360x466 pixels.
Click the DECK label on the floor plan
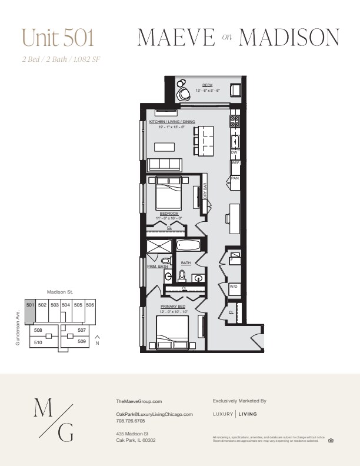206,85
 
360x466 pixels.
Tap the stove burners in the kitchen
234,121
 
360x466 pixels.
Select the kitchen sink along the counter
235,141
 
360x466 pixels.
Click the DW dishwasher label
234,152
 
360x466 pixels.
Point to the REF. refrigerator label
235,163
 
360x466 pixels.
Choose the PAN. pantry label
234,178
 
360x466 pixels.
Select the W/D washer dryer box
234,287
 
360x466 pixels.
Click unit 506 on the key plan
90,305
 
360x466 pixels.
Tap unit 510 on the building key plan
38,342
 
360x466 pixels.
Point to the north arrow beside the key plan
97,339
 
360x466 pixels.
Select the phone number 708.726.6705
129,421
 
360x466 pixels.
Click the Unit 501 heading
58,37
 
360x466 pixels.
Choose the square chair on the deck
235,90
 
